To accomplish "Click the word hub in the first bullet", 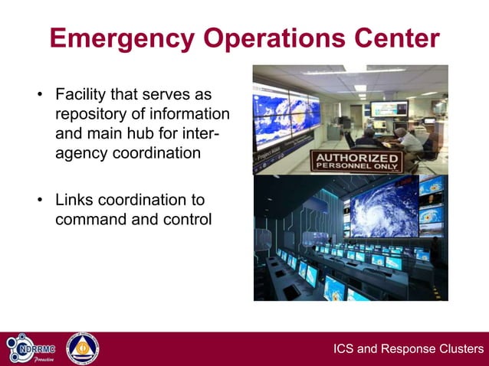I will point(158,133).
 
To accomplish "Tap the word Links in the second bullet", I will point(75,201).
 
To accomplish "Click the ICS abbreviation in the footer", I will point(344,349).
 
